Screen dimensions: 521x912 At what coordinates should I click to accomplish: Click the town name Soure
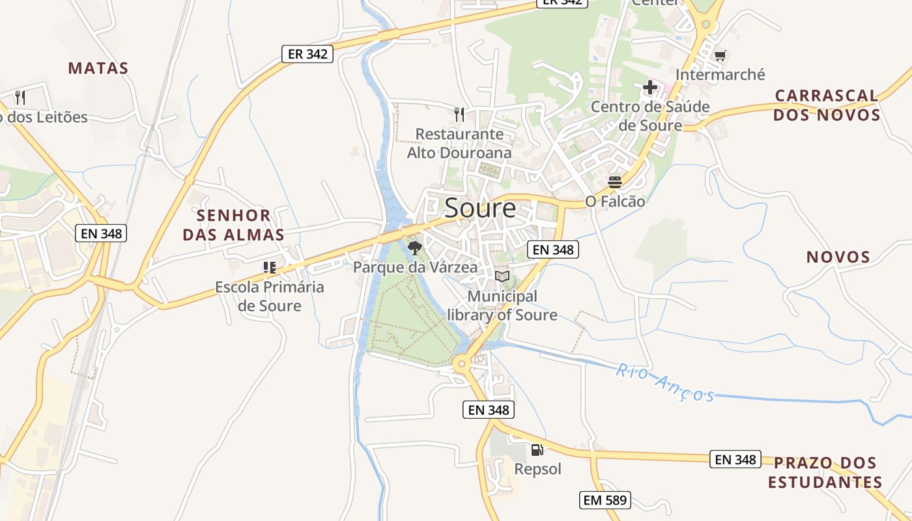click(x=480, y=208)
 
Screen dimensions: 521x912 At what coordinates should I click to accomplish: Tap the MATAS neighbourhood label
click(x=98, y=68)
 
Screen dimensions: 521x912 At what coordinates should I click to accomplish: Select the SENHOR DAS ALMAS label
click(x=233, y=225)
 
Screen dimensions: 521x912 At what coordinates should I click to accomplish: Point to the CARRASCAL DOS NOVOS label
click(x=827, y=106)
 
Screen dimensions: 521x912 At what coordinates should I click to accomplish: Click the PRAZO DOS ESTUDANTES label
click(x=825, y=473)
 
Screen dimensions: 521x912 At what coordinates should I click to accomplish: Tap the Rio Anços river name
click(x=665, y=383)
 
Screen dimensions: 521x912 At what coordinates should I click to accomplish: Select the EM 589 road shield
click(x=605, y=500)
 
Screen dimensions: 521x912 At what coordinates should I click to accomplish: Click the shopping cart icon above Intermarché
click(x=720, y=55)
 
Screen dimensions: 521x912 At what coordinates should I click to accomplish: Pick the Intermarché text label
click(x=720, y=74)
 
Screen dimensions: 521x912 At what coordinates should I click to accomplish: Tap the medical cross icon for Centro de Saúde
click(x=650, y=87)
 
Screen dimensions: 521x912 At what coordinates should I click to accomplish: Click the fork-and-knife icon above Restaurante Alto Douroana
click(x=459, y=115)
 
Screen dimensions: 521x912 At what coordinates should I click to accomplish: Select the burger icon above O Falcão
click(x=615, y=182)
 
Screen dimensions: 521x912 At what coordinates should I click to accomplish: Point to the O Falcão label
click(x=615, y=202)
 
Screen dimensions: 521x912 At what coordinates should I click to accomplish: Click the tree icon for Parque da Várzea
click(x=414, y=247)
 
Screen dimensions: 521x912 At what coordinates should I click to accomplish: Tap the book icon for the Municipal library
click(x=502, y=277)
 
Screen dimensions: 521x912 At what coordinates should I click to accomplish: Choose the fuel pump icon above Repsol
click(x=537, y=449)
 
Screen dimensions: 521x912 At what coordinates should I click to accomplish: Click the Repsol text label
click(x=537, y=469)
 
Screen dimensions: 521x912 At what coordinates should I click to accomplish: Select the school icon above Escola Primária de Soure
click(x=269, y=267)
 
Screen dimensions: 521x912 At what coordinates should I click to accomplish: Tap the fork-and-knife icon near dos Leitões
click(x=20, y=98)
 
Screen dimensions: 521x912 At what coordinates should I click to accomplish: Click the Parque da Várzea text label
click(x=415, y=267)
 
